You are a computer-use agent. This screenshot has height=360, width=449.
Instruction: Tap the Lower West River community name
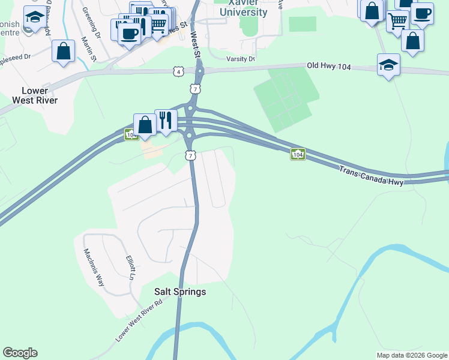pyautogui.click(x=40, y=95)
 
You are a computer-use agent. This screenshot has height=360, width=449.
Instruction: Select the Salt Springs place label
pyautogui.click(x=180, y=292)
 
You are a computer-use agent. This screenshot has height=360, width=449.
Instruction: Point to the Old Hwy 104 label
pyautogui.click(x=328, y=65)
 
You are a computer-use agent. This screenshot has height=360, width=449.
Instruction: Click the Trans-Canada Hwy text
pyautogui.click(x=370, y=176)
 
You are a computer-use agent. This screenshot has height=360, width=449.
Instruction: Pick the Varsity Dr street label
pyautogui.click(x=241, y=59)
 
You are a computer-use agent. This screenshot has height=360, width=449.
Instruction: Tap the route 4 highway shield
pyautogui.click(x=178, y=71)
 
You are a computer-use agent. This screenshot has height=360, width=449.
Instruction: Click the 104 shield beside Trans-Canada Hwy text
pyautogui.click(x=298, y=154)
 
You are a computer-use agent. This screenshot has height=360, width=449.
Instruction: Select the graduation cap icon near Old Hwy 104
pyautogui.click(x=388, y=65)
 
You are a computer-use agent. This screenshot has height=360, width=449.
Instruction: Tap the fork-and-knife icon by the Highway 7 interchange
pyautogui.click(x=166, y=120)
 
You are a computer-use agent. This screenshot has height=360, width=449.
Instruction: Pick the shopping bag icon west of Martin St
pyautogui.click(x=63, y=51)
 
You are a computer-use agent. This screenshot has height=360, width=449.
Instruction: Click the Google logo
pyautogui.click(x=20, y=353)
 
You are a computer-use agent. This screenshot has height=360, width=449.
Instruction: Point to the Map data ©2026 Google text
pyautogui.click(x=412, y=355)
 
